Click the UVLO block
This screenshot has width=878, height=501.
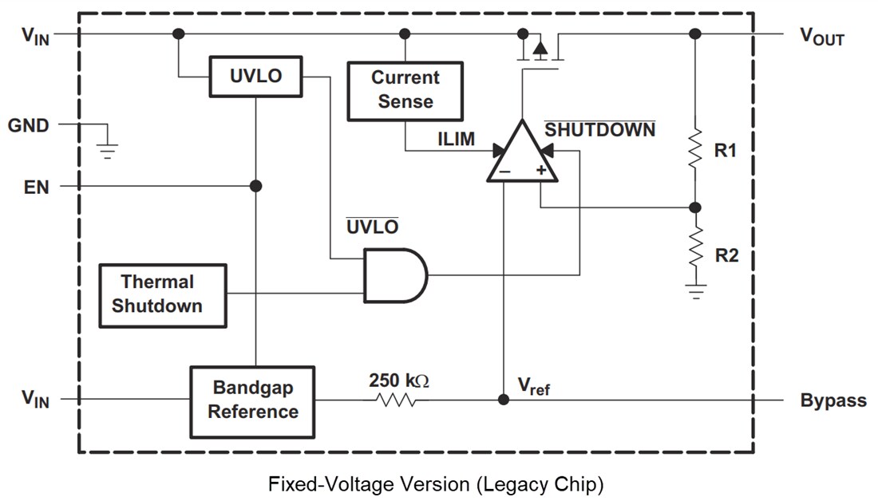(x=255, y=77)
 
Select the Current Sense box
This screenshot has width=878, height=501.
(x=405, y=90)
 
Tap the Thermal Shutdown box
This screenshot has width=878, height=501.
(x=162, y=294)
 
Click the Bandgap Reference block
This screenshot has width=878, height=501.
(x=252, y=400)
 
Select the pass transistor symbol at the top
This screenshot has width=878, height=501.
(x=540, y=49)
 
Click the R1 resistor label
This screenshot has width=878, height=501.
(x=726, y=150)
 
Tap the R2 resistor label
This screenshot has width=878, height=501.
(x=726, y=256)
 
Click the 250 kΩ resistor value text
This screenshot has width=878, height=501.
(x=399, y=381)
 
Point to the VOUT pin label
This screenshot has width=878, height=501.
(x=822, y=37)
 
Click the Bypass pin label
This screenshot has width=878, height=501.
(x=833, y=400)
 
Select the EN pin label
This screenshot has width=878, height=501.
(x=37, y=187)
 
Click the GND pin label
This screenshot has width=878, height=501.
(x=28, y=125)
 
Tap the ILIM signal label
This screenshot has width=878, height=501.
(x=457, y=140)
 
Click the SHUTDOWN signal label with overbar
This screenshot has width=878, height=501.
(x=599, y=130)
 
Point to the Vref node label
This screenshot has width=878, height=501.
(x=534, y=388)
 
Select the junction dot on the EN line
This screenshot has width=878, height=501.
(x=255, y=186)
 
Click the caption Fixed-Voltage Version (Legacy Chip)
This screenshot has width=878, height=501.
(x=436, y=483)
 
